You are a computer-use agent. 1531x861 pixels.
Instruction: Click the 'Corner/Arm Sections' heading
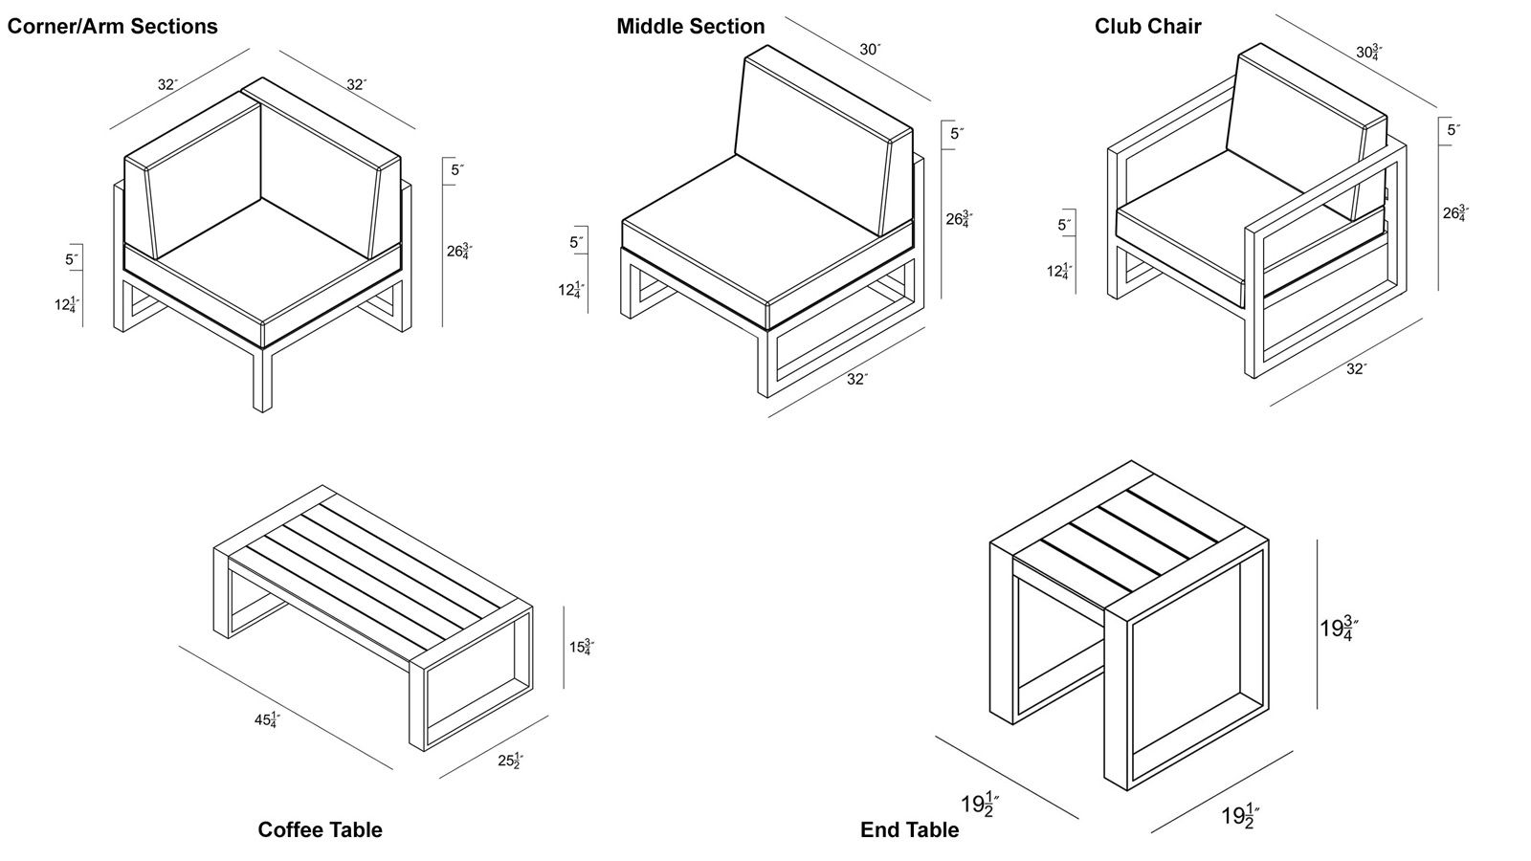[x=112, y=27]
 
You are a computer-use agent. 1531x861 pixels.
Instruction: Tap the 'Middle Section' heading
[x=690, y=27]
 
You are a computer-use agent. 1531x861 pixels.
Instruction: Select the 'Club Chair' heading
[x=1147, y=27]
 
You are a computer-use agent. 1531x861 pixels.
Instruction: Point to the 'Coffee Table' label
[x=320, y=829]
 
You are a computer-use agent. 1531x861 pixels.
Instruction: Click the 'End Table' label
[x=909, y=829]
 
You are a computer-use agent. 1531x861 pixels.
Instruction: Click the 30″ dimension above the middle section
[x=869, y=50]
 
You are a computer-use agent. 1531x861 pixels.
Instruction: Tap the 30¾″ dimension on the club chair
[x=1369, y=52]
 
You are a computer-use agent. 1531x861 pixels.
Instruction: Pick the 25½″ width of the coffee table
[x=510, y=762]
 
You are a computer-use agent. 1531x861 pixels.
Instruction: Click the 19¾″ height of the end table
[x=1340, y=629]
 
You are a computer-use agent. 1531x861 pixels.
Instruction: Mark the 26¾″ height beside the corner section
[x=459, y=253]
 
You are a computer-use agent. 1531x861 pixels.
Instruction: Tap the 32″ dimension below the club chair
[x=1355, y=368]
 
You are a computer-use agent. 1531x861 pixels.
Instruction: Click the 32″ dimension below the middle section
[x=856, y=379]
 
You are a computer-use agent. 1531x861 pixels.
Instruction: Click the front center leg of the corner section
[x=262, y=378]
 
